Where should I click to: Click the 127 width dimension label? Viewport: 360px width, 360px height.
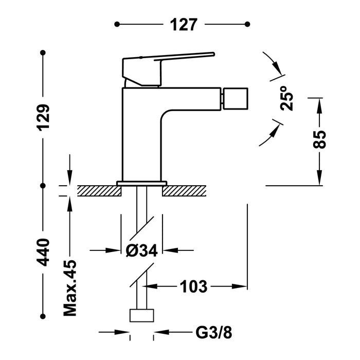[182, 24]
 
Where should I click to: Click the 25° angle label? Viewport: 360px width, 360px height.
[287, 98]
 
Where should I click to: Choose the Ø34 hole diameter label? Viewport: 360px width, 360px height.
[141, 250]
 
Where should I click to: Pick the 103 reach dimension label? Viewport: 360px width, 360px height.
[193, 286]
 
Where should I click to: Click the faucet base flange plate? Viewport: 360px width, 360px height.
[142, 183]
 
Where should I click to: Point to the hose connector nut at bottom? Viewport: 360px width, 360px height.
[141, 315]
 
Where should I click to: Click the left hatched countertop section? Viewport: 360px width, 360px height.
[98, 191]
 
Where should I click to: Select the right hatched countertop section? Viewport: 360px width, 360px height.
[184, 191]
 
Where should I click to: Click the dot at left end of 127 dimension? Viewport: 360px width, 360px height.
[117, 24]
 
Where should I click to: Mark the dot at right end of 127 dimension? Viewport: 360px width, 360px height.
[247, 24]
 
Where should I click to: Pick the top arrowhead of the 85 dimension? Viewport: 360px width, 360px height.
[319, 103]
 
